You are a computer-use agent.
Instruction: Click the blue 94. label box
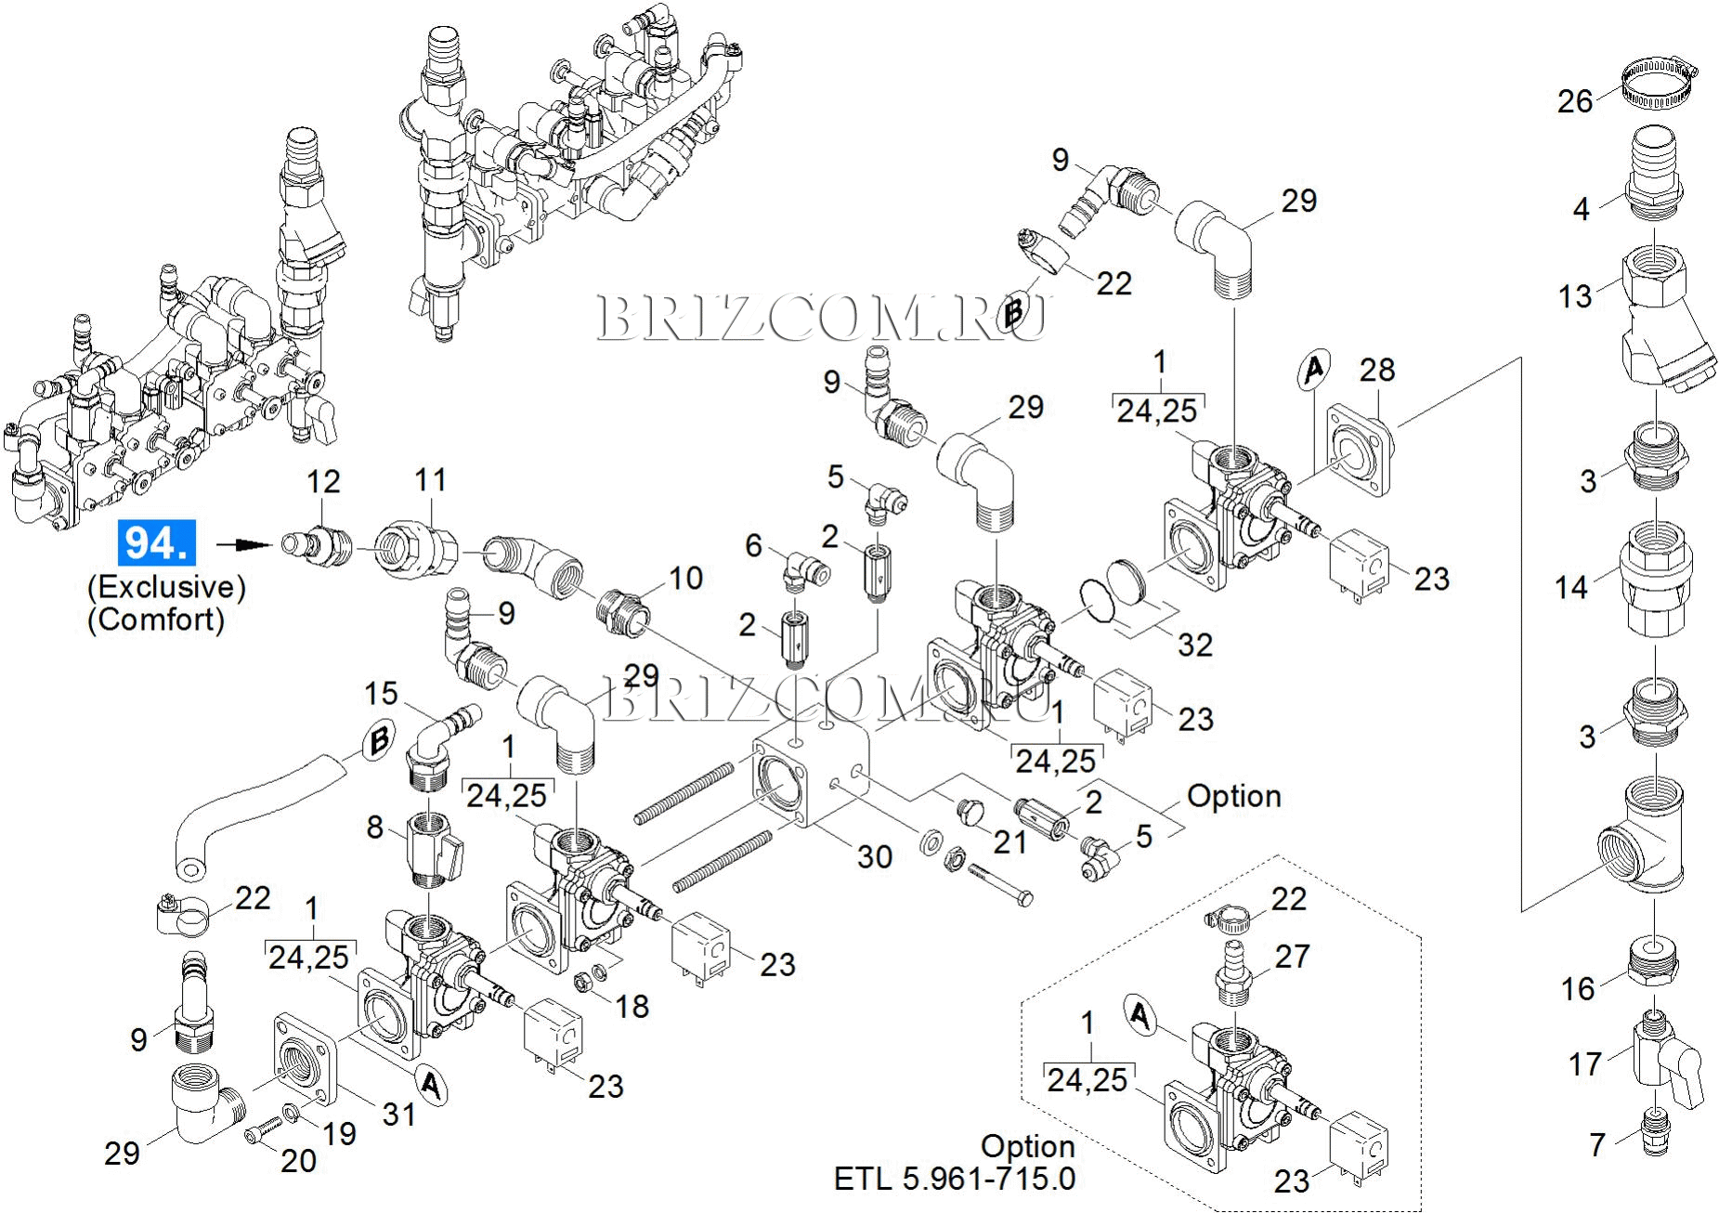click(x=156, y=542)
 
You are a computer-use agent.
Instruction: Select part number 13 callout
click(x=1575, y=296)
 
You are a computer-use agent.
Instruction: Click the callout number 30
click(x=874, y=855)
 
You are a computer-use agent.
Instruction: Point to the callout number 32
click(x=1194, y=644)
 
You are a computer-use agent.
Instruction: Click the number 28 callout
click(x=1376, y=370)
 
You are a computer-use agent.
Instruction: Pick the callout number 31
click(x=399, y=1113)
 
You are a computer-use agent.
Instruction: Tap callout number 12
click(x=323, y=481)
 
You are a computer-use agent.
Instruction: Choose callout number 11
click(x=431, y=480)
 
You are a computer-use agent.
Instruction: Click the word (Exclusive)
click(x=166, y=587)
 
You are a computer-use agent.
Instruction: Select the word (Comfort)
click(x=156, y=620)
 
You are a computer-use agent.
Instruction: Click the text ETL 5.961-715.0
click(x=955, y=1179)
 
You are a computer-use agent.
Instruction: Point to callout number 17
click(x=1585, y=1063)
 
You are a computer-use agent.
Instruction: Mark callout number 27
click(x=1292, y=956)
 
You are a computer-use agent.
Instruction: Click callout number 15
click(x=381, y=693)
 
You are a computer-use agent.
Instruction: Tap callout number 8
click(x=375, y=826)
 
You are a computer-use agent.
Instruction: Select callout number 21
click(x=1010, y=841)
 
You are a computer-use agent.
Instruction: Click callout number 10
click(x=685, y=578)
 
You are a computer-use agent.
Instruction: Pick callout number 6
click(x=753, y=545)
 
